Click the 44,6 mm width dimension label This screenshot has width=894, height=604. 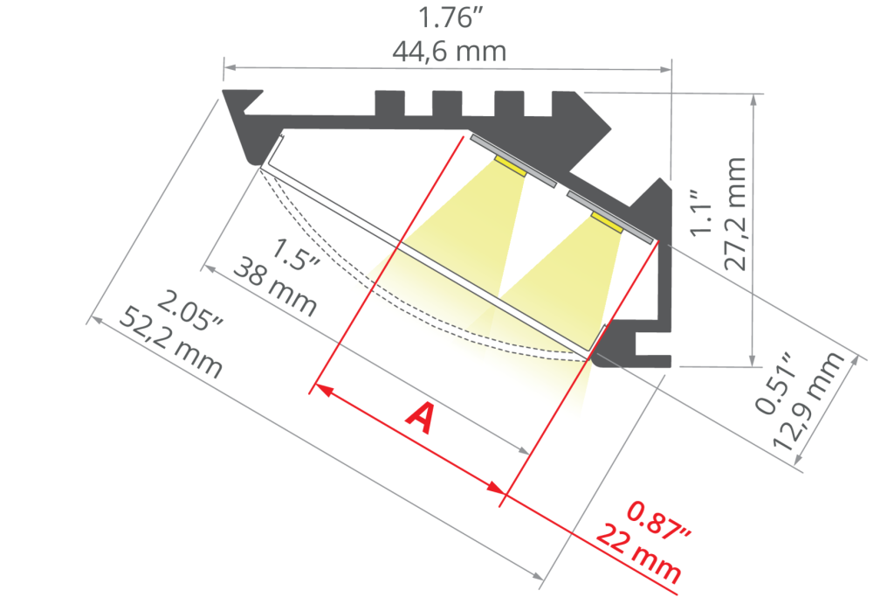(x=449, y=52)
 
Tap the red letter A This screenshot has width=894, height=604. (x=420, y=418)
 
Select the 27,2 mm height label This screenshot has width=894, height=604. (x=734, y=214)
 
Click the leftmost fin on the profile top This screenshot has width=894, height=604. (x=390, y=103)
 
